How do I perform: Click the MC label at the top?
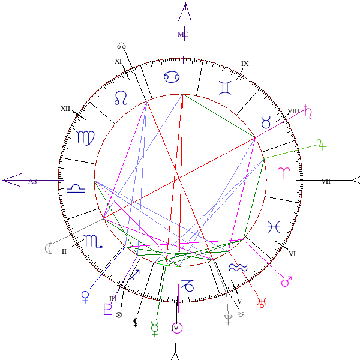tap(183, 34)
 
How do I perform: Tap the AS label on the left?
tap(32, 181)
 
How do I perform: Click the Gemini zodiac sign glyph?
tap(225, 88)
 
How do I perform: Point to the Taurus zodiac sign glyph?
tap(266, 123)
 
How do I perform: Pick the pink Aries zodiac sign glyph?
tap(282, 172)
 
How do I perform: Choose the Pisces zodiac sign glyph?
tap(274, 226)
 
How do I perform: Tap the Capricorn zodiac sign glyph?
tap(188, 285)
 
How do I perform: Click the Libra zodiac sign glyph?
tap(75, 189)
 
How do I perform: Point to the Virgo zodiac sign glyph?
tap(85, 137)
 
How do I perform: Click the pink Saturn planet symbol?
tap(309, 111)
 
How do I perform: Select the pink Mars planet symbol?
tap(287, 281)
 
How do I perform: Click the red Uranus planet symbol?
tap(261, 302)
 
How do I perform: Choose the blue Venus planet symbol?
tap(86, 296)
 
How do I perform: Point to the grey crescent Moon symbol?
tap(48, 247)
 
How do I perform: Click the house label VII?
tap(326, 181)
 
